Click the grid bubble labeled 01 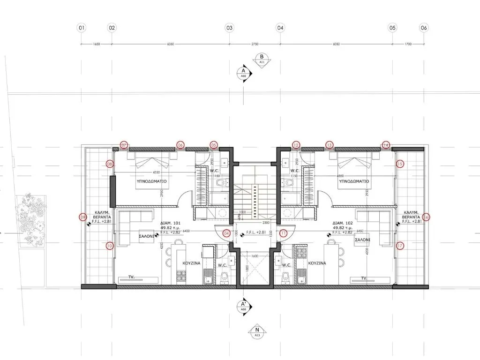82,28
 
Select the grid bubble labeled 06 424,28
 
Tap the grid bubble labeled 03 229,28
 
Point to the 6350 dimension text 171,44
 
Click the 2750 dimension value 255,44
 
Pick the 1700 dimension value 408,44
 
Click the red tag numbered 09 83,217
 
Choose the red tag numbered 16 426,217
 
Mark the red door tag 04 226,232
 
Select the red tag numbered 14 386,145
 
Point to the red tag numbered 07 124,145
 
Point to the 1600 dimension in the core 255,256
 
